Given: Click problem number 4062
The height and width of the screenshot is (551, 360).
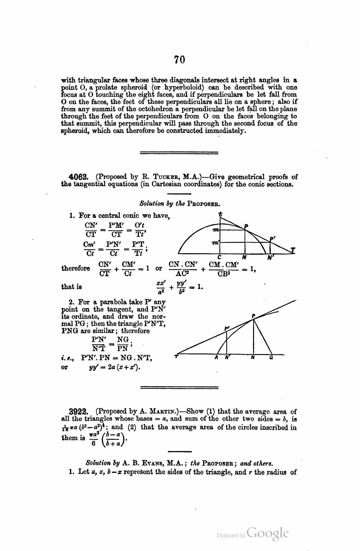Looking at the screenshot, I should click(78, 177).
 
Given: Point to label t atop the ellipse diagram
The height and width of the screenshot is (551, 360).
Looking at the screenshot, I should click(220, 214).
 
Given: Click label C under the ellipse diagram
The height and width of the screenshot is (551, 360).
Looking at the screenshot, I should click(219, 257).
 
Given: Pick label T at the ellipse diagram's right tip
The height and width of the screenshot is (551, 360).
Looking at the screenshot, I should click(293, 250).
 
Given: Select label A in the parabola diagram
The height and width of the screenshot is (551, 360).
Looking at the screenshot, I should click(217, 357).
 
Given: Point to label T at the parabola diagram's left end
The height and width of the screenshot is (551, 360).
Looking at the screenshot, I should click(176, 357).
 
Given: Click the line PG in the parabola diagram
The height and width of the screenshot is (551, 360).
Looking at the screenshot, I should click(263, 337).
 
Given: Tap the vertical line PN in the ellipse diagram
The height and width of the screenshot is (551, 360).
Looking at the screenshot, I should click(245, 241).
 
